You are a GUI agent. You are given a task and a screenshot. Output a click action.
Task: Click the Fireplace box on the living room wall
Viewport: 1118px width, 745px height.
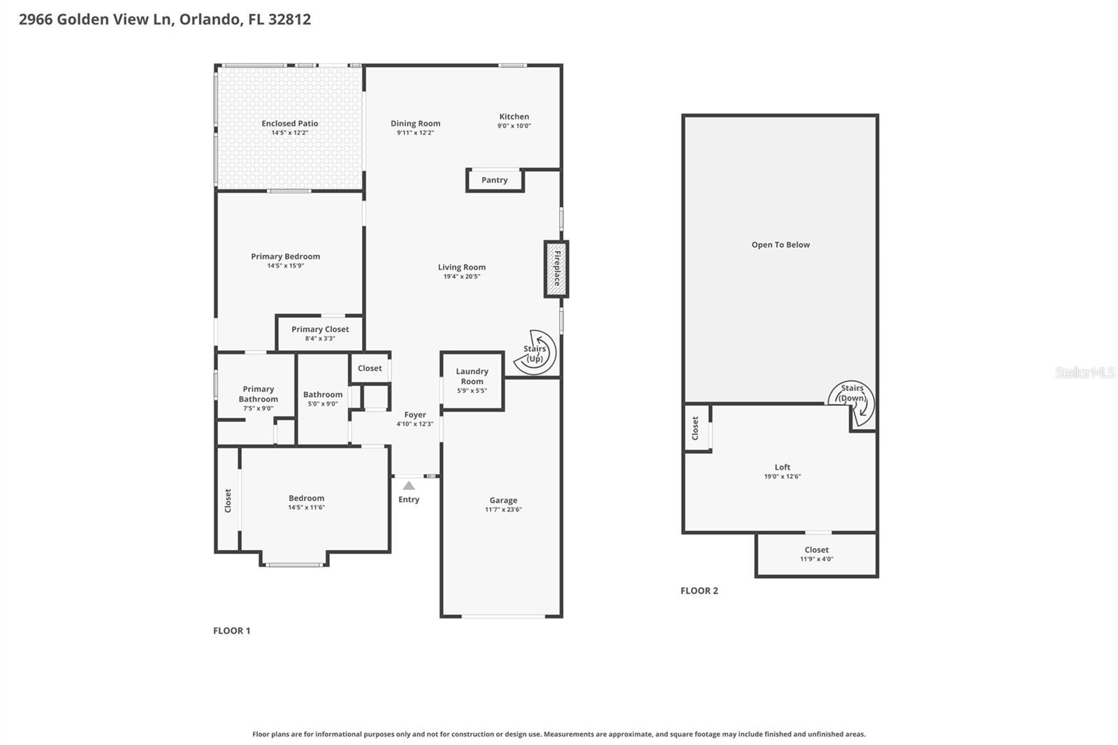pos(556,269)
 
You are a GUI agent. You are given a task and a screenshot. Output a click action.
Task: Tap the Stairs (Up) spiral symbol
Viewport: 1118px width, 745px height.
pos(535,352)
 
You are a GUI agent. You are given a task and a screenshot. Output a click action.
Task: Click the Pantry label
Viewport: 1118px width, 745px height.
pos(495,180)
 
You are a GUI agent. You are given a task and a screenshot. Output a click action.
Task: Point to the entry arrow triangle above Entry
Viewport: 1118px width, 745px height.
pos(409,486)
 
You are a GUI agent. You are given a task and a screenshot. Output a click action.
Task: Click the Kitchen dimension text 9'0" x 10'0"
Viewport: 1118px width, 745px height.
pos(514,126)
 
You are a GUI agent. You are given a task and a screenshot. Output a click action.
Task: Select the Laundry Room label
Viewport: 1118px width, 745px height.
pos(472,376)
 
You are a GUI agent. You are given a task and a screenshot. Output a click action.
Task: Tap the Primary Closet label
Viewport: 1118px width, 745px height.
pos(320,329)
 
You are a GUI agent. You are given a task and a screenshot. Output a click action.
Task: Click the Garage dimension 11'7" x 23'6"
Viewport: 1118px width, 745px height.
pos(503,509)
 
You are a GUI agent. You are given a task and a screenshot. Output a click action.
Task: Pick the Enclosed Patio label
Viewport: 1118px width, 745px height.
pos(290,124)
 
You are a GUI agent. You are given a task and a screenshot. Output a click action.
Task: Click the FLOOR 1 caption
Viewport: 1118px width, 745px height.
pos(231,630)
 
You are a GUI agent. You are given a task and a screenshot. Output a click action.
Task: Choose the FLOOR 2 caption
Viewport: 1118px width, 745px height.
pos(699,591)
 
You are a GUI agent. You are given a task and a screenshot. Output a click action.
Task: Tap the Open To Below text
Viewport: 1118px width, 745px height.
pos(781,245)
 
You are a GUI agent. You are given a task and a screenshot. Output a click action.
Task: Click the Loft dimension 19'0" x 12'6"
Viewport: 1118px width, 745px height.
pos(782,477)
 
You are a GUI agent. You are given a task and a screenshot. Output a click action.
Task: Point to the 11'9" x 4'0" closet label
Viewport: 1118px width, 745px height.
pos(816,559)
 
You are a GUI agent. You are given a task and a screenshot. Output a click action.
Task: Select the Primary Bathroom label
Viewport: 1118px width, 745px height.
pos(259,394)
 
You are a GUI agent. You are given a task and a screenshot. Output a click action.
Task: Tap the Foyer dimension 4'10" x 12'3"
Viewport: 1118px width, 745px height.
pos(415,424)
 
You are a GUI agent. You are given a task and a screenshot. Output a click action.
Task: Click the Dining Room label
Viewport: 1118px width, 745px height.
pos(415,124)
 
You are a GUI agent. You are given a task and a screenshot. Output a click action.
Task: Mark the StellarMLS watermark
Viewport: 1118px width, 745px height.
pos(1084,372)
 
